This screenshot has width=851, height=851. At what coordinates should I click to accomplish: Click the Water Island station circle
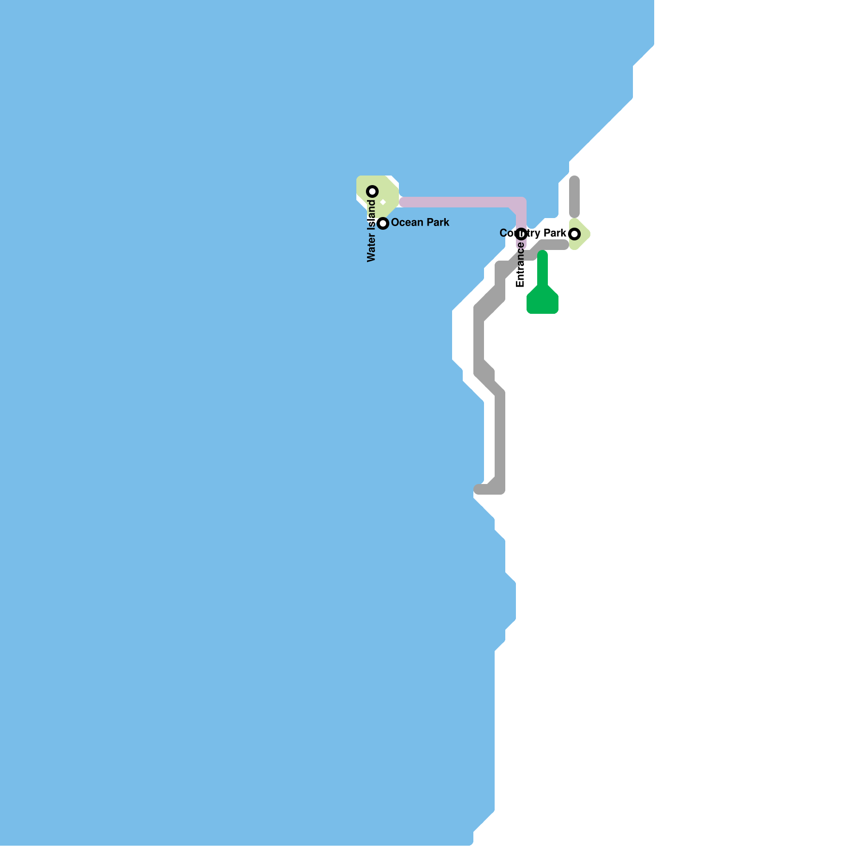(x=373, y=191)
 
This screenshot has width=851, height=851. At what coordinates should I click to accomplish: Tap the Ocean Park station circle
(x=383, y=223)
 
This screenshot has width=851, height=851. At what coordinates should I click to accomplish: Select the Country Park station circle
(x=574, y=233)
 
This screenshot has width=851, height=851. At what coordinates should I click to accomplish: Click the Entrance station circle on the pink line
(x=521, y=233)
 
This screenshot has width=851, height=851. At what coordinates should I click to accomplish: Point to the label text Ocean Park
(x=420, y=222)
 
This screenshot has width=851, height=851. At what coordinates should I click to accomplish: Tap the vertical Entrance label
(x=521, y=265)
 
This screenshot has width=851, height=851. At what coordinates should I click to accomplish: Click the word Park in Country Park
(x=555, y=233)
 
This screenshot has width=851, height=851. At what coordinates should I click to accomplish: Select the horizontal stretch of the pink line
(x=457, y=202)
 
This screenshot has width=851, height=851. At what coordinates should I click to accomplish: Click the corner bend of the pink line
(x=520, y=203)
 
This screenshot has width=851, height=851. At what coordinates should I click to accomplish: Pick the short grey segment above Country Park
(x=574, y=197)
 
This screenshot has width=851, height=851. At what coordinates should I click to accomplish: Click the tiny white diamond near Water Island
(x=383, y=202)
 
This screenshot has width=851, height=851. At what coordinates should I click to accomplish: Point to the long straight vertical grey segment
(x=500, y=436)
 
